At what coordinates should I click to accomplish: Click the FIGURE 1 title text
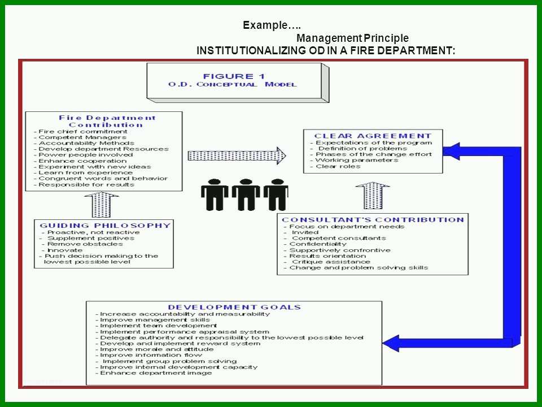pos(234,76)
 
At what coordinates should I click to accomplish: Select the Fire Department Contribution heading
pos(107,121)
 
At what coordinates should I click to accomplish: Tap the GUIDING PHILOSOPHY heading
pos(105,226)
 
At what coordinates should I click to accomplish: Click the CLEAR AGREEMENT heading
pos(373,136)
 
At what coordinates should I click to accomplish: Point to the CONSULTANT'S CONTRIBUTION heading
pos(373,220)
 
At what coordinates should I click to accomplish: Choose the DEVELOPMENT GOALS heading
pos(234,307)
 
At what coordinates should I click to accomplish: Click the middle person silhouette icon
pos(246,194)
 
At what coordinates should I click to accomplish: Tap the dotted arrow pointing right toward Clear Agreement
pos(237,156)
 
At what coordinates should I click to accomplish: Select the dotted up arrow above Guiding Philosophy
pos(101,205)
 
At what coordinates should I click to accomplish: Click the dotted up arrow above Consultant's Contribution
pos(372,196)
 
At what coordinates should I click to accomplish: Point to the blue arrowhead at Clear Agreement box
pos(451,151)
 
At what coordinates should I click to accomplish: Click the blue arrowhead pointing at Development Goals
pos(391,343)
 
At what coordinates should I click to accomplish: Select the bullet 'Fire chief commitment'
pos(80,132)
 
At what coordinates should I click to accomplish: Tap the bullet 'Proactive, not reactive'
pos(90,232)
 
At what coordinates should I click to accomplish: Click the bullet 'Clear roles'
pos(335,166)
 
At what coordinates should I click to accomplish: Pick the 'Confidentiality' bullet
pos(314,244)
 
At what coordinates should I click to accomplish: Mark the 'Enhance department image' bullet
pos(154,373)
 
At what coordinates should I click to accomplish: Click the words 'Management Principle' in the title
pos(352,38)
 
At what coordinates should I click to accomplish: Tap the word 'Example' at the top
pos(265,25)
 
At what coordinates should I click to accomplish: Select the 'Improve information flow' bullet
pos(148,355)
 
